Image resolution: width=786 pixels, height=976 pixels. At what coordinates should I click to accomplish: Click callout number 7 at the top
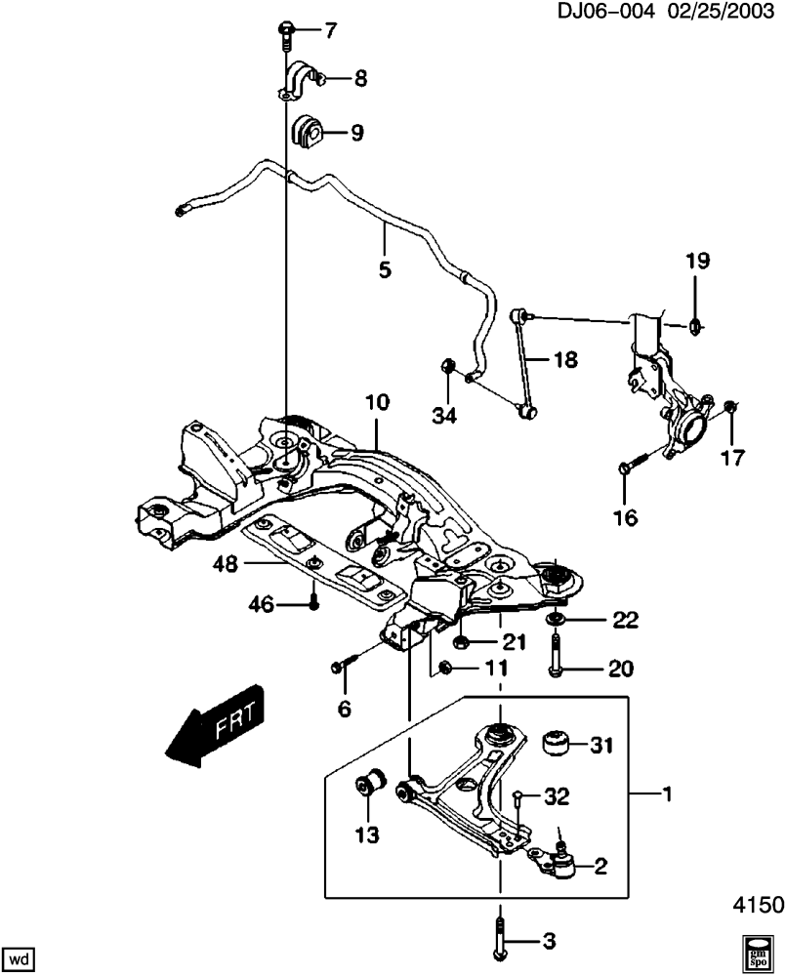(x=329, y=29)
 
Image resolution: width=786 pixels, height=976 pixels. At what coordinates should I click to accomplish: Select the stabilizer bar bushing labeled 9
(x=307, y=133)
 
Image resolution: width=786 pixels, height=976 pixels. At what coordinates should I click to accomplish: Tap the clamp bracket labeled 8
(x=298, y=80)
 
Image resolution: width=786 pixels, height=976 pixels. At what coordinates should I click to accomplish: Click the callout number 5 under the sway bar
(x=385, y=269)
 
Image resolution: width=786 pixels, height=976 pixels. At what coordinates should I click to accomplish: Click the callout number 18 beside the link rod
(x=565, y=359)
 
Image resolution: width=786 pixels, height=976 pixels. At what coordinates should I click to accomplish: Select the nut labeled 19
(x=696, y=325)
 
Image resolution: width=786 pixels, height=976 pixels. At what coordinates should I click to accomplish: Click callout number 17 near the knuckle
(x=732, y=458)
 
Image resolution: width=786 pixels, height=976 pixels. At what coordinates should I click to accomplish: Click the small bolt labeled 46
(x=313, y=602)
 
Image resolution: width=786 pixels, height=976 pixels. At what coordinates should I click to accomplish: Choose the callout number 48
(x=225, y=564)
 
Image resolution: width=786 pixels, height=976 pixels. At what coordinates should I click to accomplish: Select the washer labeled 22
(x=555, y=620)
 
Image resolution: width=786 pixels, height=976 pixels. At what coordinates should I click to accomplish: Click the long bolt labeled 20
(x=555, y=655)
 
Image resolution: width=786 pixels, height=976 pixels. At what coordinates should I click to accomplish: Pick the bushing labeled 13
(x=370, y=781)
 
